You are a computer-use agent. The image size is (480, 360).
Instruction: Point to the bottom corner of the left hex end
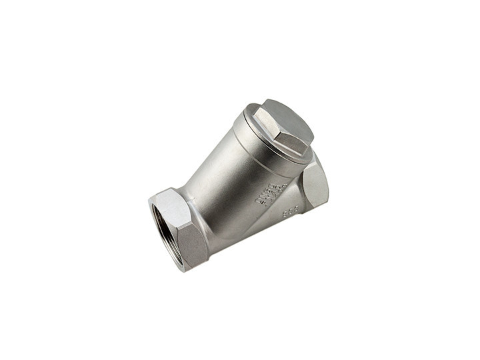click(x=185, y=270)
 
